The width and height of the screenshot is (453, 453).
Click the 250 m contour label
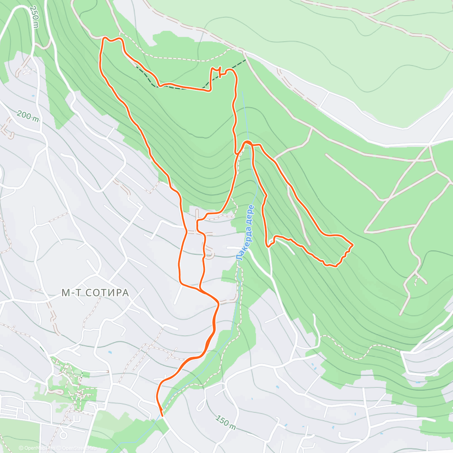34,17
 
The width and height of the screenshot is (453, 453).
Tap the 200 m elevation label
28,116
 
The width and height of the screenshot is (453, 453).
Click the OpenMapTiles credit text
40,448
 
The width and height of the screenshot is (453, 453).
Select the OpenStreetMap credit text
80,448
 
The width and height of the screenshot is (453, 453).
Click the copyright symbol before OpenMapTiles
21,448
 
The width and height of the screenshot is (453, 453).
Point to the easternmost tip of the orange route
353,245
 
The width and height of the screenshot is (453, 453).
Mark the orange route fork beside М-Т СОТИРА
199,289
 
